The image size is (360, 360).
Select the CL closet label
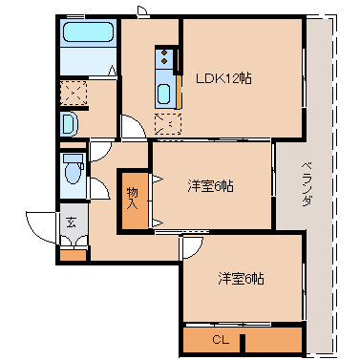[221, 339]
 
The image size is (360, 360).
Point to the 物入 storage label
[133, 199]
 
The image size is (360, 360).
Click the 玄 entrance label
[71, 222]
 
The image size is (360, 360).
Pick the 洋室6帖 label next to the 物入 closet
[210, 185]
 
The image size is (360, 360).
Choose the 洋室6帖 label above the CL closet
[241, 279]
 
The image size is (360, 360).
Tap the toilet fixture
[72, 173]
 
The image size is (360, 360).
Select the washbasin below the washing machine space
[69, 123]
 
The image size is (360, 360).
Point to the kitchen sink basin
[163, 95]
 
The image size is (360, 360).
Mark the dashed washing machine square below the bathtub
[74, 93]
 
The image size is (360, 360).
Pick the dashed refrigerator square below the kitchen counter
[167, 123]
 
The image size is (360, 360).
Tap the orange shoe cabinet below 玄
[73, 255]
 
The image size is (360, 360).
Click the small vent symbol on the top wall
[142, 11]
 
